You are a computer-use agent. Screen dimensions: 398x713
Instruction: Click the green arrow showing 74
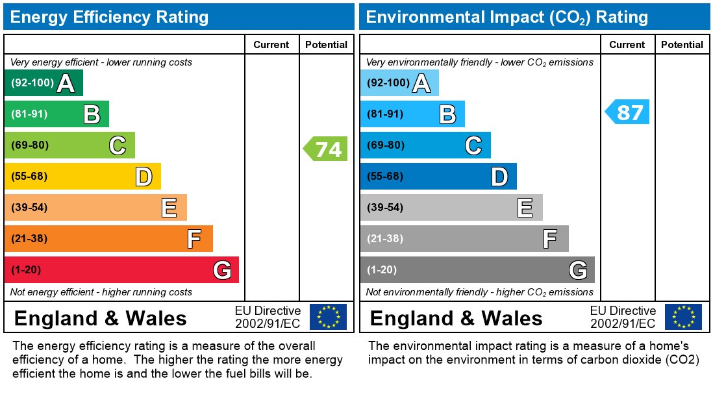coord(327,149)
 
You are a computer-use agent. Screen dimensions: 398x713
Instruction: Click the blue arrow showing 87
coord(629,112)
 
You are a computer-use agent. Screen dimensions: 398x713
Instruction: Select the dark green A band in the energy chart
coord(44,83)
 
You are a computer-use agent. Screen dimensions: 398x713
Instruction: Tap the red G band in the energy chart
coord(121,270)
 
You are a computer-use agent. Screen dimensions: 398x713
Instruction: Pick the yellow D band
coord(82,177)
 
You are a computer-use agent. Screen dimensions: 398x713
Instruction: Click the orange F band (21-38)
coord(108,239)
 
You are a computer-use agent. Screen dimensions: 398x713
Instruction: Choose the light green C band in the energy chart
coord(69,145)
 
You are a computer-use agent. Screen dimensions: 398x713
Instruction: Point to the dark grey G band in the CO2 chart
coord(477,270)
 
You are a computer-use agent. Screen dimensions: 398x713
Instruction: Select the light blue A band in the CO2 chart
coord(399,83)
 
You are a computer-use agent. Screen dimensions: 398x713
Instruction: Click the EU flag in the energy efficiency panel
coord(328,317)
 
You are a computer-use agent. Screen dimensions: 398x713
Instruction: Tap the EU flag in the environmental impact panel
coord(683,317)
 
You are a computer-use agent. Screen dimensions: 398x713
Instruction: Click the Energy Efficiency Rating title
coord(109,17)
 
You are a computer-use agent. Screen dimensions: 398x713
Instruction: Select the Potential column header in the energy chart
coord(326,45)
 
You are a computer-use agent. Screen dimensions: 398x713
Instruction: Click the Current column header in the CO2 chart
coord(627,45)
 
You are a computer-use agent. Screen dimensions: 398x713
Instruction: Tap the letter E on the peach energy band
coord(169,208)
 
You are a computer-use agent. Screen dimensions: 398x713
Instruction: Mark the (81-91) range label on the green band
coord(30,114)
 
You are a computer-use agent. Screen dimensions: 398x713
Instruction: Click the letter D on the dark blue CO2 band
coord(499,177)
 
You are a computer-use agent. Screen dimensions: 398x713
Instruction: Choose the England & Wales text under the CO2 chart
coord(456,318)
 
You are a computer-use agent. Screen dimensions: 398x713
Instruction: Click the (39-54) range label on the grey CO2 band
coord(385,208)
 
